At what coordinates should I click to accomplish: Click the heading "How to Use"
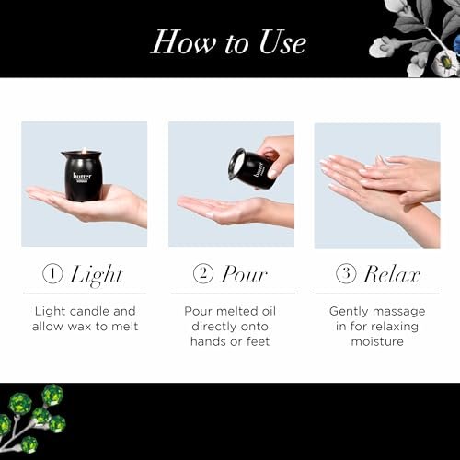coord(228,42)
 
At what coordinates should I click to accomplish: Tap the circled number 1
coord(52,273)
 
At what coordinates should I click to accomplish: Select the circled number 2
coord(203,273)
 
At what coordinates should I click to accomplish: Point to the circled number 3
coord(346,273)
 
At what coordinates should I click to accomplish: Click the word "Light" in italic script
coord(97,275)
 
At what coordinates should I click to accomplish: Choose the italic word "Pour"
coord(245,273)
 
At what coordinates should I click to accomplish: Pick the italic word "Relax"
coord(392,273)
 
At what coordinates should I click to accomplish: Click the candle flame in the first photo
coord(83,151)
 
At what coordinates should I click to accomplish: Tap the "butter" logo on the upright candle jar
coord(82,178)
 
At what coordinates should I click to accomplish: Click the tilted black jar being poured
coord(255,168)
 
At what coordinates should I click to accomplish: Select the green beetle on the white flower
coord(443,64)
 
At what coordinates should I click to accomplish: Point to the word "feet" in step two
coord(258,341)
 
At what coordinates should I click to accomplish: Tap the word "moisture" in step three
coord(377,341)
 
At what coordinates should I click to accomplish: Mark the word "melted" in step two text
coord(232,311)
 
